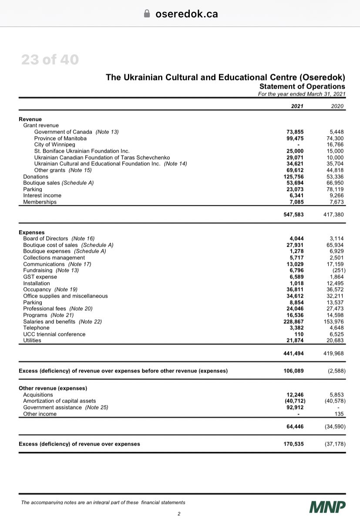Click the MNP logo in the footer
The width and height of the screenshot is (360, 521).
[x=328, y=507]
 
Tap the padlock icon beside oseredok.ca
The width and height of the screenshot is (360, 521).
[x=147, y=13]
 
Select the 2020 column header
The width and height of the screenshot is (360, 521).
[x=337, y=106]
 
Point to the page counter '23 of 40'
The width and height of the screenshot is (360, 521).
[x=50, y=60]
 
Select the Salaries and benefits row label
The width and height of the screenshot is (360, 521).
[x=50, y=321]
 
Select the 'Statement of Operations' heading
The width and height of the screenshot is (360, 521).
[x=302, y=87]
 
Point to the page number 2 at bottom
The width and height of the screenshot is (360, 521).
[x=179, y=514]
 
